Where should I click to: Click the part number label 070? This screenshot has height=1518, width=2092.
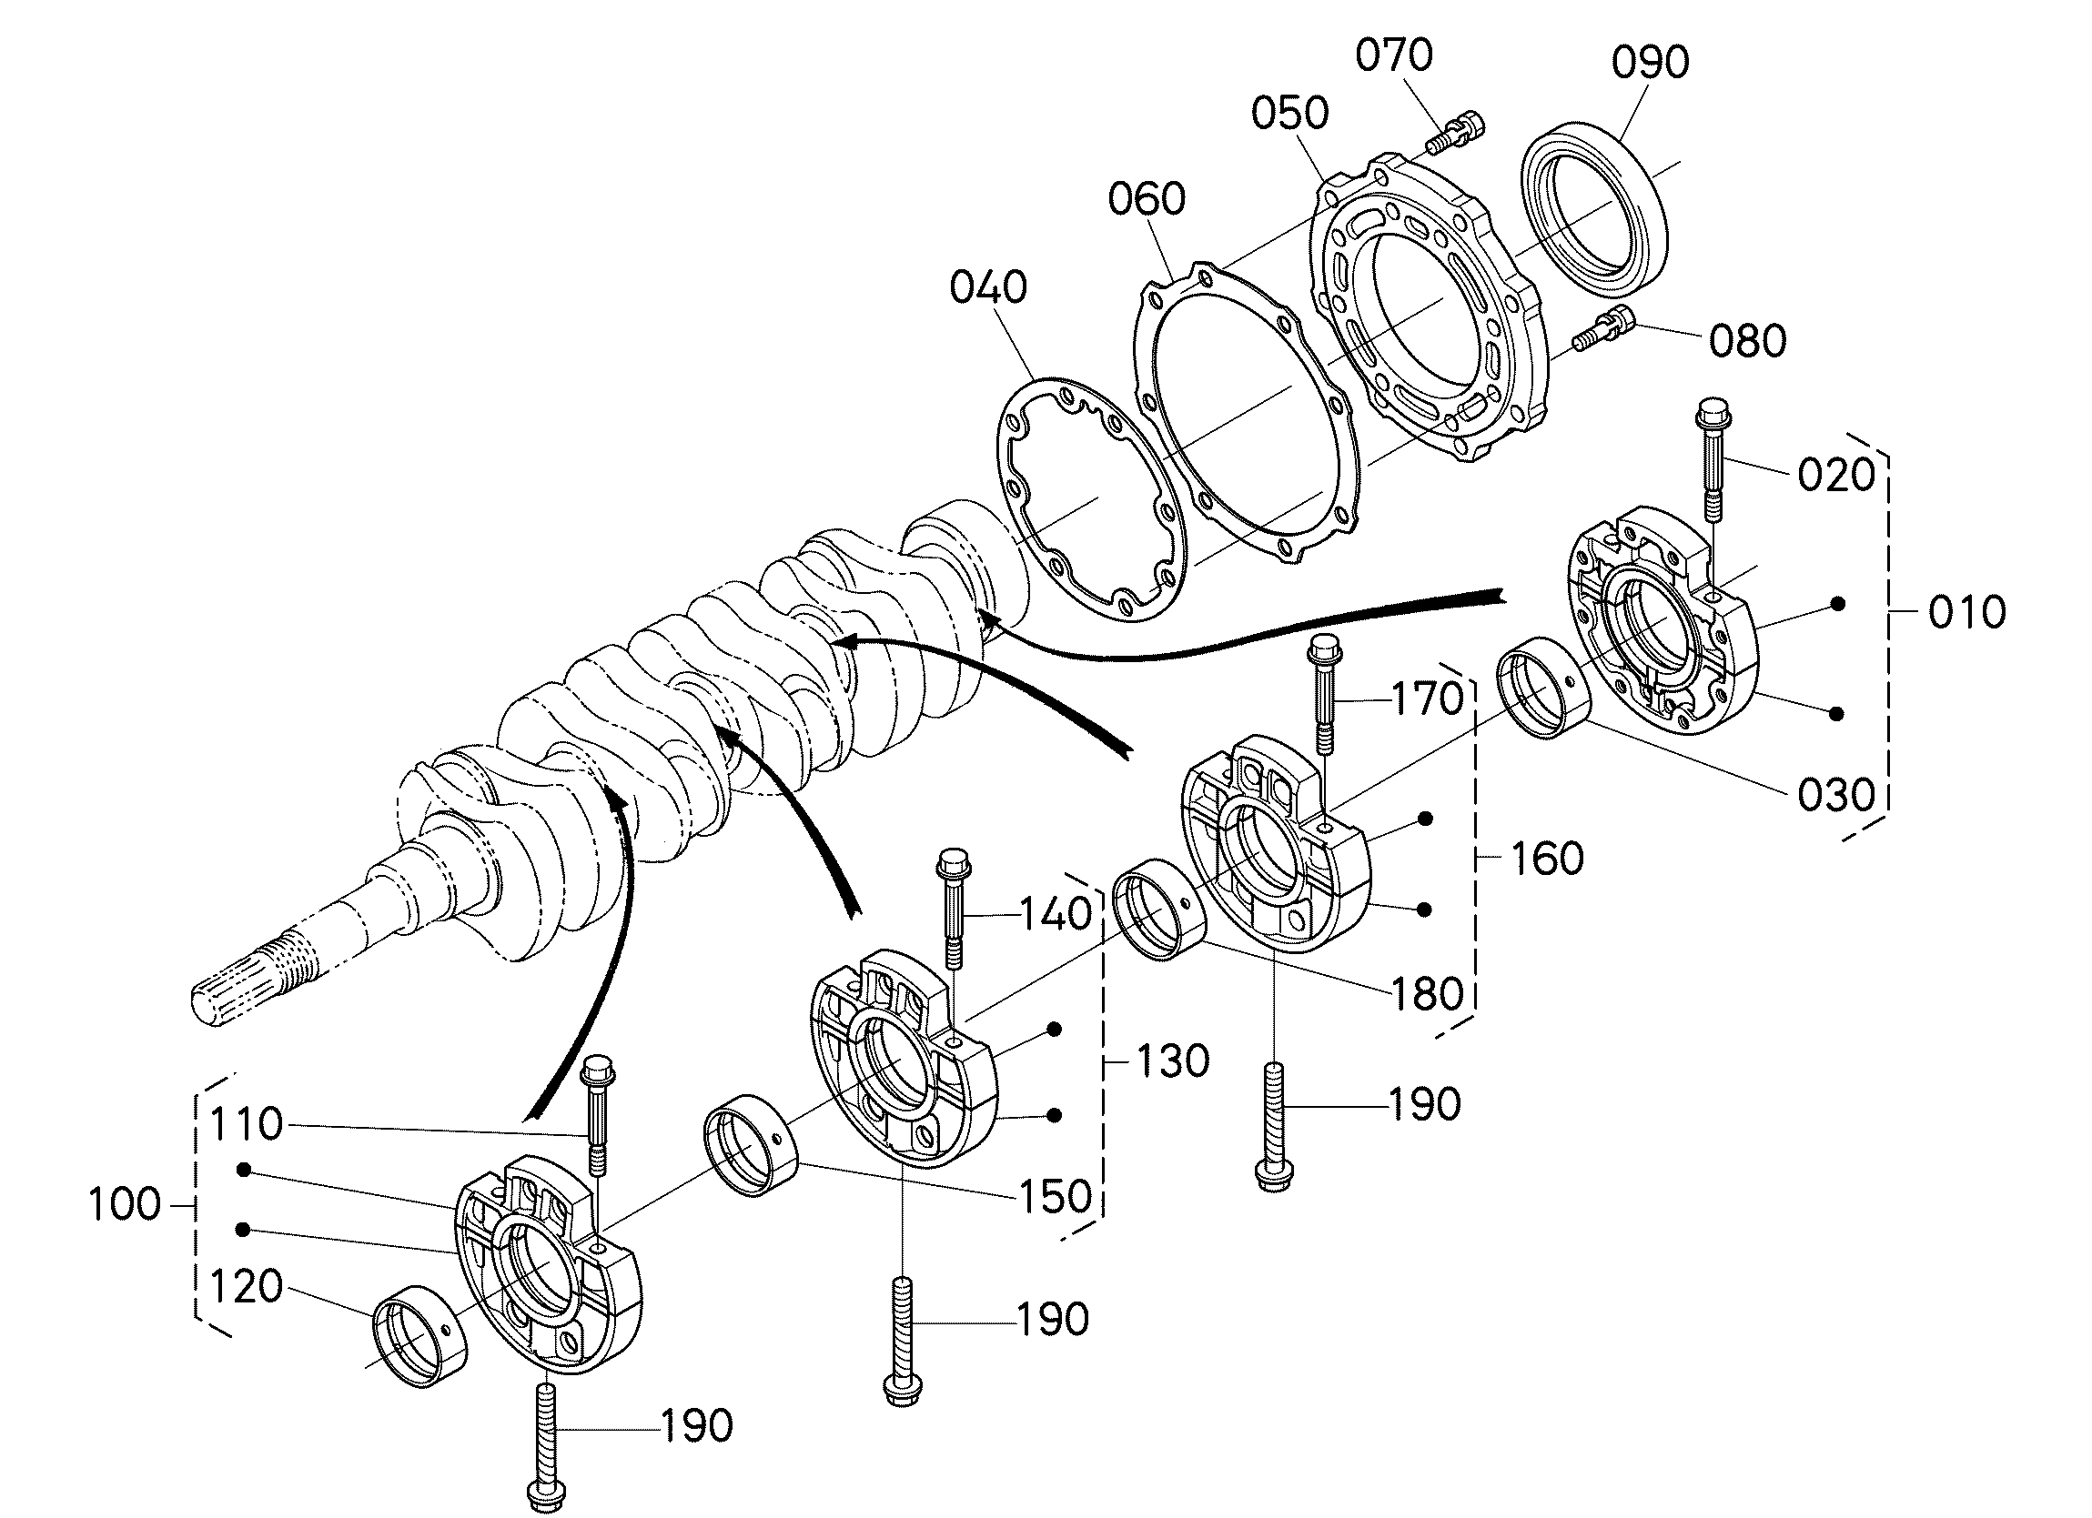[1394, 55]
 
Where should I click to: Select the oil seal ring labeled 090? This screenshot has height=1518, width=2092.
[1593, 201]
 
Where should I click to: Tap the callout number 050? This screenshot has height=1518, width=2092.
[1289, 114]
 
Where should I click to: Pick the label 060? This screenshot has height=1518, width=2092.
[1147, 198]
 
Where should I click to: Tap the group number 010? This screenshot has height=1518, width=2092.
[1966, 612]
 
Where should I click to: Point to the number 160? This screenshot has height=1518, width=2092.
[1547, 859]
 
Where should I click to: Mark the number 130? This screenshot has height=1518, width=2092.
[1171, 1061]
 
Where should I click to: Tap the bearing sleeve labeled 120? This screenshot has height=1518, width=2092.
[419, 1335]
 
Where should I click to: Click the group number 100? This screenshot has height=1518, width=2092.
[125, 1204]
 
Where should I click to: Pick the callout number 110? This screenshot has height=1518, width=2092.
[247, 1124]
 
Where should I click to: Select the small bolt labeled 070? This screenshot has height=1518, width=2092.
[1456, 134]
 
